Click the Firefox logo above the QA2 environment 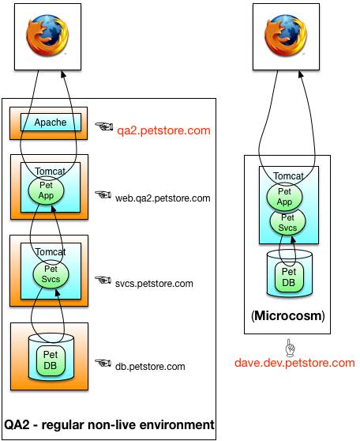(47, 36)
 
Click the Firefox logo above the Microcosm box (286, 36)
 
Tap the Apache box (51, 122)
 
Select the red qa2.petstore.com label (163, 130)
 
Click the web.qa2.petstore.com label (163, 198)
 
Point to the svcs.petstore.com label (154, 283)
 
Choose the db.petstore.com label (150, 367)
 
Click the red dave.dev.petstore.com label (294, 363)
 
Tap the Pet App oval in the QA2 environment (46, 191)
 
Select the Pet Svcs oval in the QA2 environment (51, 274)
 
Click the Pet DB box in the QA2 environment (51, 360)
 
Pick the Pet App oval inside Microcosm (284, 197)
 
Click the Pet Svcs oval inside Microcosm (287, 223)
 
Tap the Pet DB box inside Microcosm (289, 277)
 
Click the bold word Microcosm (288, 315)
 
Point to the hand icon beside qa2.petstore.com (104, 126)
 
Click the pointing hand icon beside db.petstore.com (103, 363)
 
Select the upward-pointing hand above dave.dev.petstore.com (290, 348)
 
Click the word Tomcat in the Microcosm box (289, 176)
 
